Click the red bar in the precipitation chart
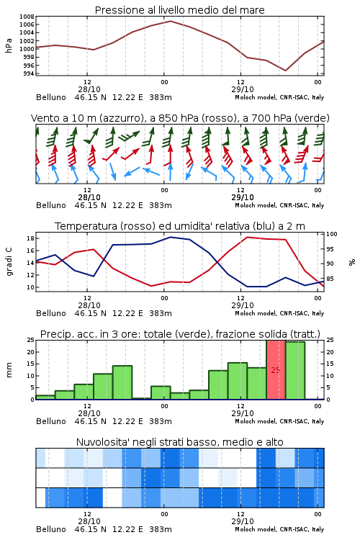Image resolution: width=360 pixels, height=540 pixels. tap(276, 370)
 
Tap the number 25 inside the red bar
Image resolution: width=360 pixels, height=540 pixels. tap(276, 370)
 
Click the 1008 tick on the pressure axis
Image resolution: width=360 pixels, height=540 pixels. tap(27, 17)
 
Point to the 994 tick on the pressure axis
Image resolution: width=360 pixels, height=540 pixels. tap(29, 73)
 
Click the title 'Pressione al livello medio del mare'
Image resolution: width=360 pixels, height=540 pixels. tap(180, 10)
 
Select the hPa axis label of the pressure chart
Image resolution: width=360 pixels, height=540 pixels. tap(9, 45)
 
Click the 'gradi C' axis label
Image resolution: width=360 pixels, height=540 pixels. tap(9, 262)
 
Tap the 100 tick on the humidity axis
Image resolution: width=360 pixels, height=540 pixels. tap(332, 234)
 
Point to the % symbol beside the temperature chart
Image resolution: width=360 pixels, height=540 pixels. tap(352, 262)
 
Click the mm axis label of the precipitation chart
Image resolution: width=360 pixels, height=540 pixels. tap(9, 370)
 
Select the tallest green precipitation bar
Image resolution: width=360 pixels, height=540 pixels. tap(295, 371)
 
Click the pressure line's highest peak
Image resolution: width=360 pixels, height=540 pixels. tap(171, 21)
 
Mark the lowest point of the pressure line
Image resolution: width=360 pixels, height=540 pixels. tap(285, 71)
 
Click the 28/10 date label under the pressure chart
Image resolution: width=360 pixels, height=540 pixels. tap(89, 89)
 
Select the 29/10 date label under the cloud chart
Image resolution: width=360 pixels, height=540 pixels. tap(243, 521)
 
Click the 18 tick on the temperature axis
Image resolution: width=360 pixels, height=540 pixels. tap(30, 238)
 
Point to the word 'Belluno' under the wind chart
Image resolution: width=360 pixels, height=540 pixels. tap(51, 205)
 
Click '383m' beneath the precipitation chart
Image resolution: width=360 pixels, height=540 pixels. tap(161, 421)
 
